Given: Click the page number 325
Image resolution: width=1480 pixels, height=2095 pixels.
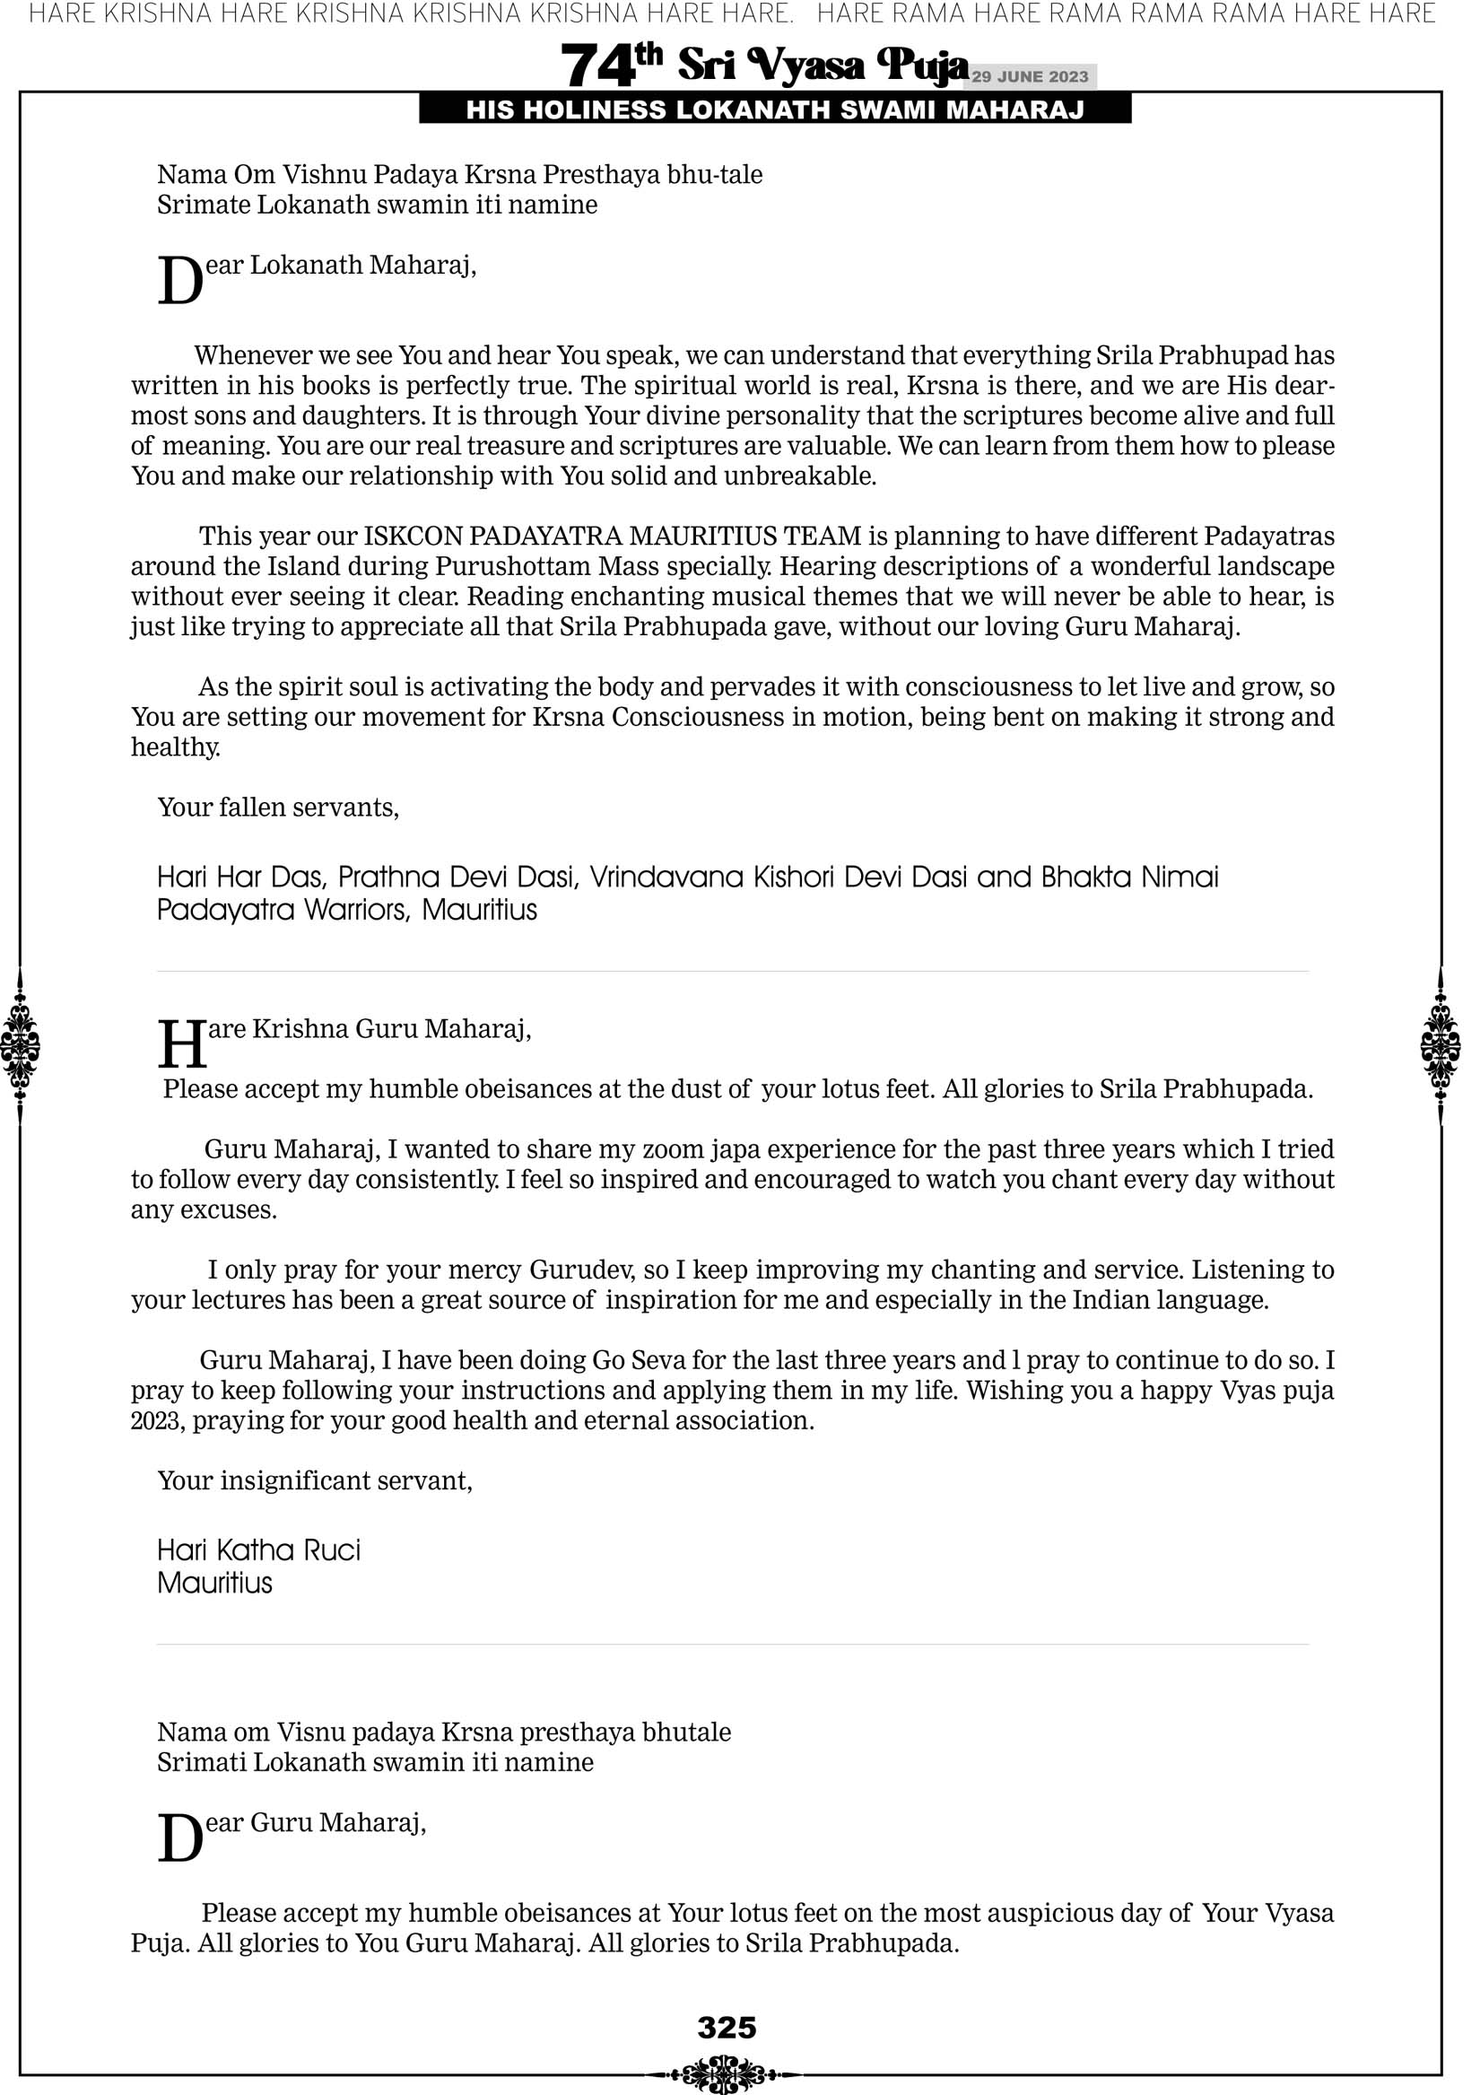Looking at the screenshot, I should (727, 2027).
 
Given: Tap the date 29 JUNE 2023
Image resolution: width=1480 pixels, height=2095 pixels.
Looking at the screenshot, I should (1029, 76).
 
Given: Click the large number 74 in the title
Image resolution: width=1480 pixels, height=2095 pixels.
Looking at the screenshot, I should (597, 65).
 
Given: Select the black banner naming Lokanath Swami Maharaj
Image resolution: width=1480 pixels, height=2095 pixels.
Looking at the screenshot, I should (775, 109).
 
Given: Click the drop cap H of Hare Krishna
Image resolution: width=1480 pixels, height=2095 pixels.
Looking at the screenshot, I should (181, 1043).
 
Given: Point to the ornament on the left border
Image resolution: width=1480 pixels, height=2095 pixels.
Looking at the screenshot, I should (20, 1044).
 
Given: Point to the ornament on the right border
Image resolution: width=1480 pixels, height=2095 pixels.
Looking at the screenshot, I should (1440, 1044).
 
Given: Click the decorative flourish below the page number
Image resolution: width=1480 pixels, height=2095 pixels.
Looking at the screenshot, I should (725, 2073).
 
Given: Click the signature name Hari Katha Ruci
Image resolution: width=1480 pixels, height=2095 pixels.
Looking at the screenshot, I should (259, 1549).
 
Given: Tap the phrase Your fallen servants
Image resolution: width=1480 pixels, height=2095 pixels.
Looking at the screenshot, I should (278, 807).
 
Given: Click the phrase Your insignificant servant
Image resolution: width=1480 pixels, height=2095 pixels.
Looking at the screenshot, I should (315, 1480).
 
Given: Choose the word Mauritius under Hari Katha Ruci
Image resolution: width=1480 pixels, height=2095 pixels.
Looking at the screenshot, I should (214, 1582).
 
